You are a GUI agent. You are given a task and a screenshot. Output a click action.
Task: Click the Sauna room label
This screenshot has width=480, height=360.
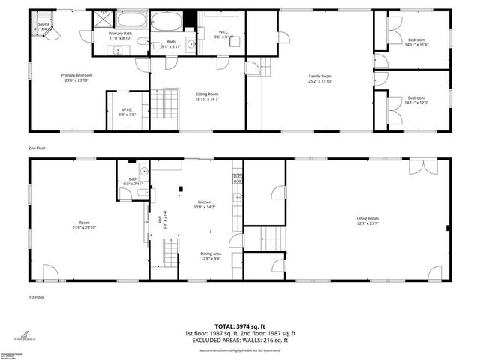pyautogui.click(x=43, y=26)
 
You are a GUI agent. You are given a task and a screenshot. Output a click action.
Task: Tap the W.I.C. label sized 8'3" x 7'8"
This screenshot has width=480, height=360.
pyautogui.click(x=127, y=112)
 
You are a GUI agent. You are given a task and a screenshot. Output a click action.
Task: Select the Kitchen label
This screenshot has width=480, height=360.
pyautogui.click(x=205, y=205)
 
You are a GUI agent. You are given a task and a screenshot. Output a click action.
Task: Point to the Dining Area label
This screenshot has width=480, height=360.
pyautogui.click(x=211, y=256)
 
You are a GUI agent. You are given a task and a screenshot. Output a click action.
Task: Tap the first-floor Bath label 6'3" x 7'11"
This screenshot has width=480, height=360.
pyautogui.click(x=133, y=181)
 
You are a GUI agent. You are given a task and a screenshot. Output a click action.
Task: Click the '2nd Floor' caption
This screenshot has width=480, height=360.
pyautogui.click(x=37, y=148)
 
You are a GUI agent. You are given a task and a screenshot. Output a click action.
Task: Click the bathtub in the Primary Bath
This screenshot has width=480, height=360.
pyautogui.click(x=131, y=21)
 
